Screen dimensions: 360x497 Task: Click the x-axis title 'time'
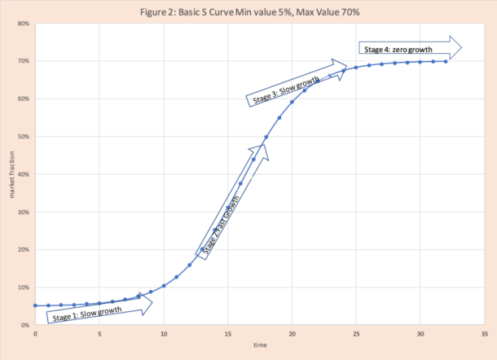point(260,345)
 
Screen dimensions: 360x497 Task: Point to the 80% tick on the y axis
point(24,24)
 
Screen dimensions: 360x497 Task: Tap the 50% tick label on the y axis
point(24,137)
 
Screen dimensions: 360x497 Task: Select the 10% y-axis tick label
point(24,288)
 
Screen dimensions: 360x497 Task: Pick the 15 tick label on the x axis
point(228,333)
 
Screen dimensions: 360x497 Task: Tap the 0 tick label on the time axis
point(35,333)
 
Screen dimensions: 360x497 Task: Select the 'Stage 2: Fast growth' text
point(221,223)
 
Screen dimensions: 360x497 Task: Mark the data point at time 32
point(446,61)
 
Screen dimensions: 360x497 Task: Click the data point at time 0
point(35,305)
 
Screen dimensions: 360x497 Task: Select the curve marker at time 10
point(164,286)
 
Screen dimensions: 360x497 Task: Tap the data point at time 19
point(279,117)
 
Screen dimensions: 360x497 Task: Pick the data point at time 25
point(356,67)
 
